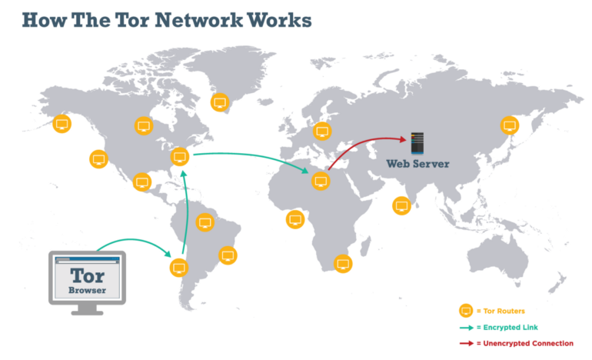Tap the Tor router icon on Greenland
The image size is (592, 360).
[x=219, y=102]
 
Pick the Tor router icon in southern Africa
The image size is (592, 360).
[x=343, y=264]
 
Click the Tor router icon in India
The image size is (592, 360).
[x=401, y=205]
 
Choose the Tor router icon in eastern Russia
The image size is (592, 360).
[x=509, y=125]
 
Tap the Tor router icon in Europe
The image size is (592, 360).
[x=321, y=131]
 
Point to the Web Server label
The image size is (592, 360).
[x=418, y=163]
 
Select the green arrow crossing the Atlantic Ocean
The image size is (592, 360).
[x=254, y=159]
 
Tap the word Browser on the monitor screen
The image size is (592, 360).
[x=87, y=291]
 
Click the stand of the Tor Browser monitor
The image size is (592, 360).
[x=87, y=308]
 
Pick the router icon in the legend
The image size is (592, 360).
[x=465, y=311]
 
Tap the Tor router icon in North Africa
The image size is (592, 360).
[x=321, y=181]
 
